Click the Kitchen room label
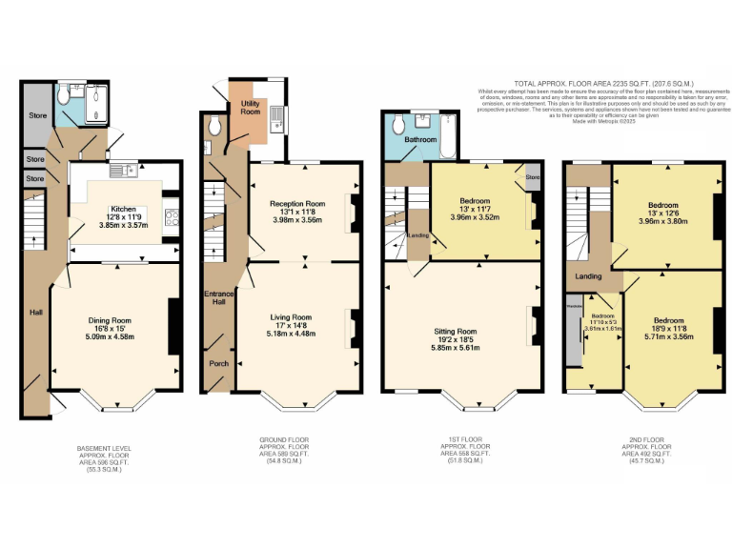tap(124, 208)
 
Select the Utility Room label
tap(251, 108)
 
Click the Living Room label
tap(291, 316)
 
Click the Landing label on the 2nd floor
tap(587, 276)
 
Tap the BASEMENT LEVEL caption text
tap(103, 447)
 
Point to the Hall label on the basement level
tap(35, 312)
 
